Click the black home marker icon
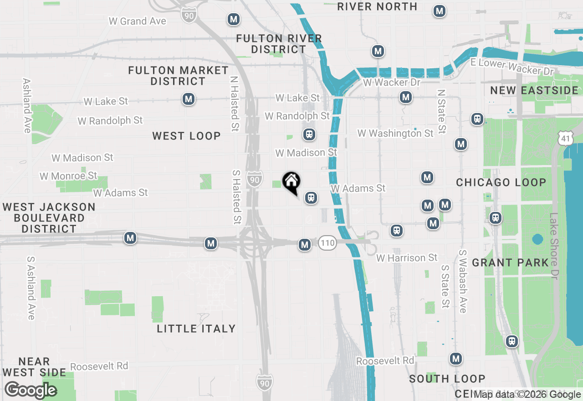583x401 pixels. tap(291, 182)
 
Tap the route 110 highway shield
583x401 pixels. tap(327, 243)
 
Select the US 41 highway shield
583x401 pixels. tap(565, 137)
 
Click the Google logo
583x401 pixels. tap(31, 391)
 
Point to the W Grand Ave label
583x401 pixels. tap(137, 21)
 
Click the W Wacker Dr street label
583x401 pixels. tap(391, 83)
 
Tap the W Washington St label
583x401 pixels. tap(395, 134)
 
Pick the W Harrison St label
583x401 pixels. tap(407, 258)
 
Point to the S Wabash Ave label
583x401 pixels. tap(463, 281)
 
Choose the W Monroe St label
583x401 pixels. tap(68, 176)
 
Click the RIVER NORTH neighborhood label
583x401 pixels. tap(377, 7)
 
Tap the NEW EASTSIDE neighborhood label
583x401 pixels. tap(534, 90)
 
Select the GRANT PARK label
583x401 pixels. tap(511, 262)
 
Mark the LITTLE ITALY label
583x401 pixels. tap(196, 329)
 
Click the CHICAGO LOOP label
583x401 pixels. tap(501, 182)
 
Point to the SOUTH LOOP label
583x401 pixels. tap(447, 379)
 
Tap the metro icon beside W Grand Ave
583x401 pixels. tap(234, 20)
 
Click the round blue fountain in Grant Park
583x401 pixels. tap(537, 239)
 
